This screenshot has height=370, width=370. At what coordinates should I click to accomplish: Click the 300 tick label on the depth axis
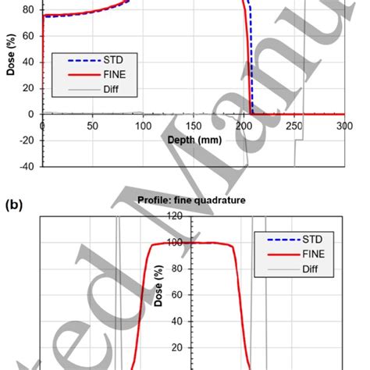click(x=344, y=125)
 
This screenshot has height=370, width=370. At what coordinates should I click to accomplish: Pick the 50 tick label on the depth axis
click(x=93, y=125)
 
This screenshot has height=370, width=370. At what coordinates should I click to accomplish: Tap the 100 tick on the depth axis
click(x=143, y=125)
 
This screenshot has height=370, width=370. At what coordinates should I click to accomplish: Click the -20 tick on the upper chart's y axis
click(x=27, y=140)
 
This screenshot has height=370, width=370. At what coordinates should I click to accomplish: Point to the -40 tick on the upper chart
click(x=27, y=165)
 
